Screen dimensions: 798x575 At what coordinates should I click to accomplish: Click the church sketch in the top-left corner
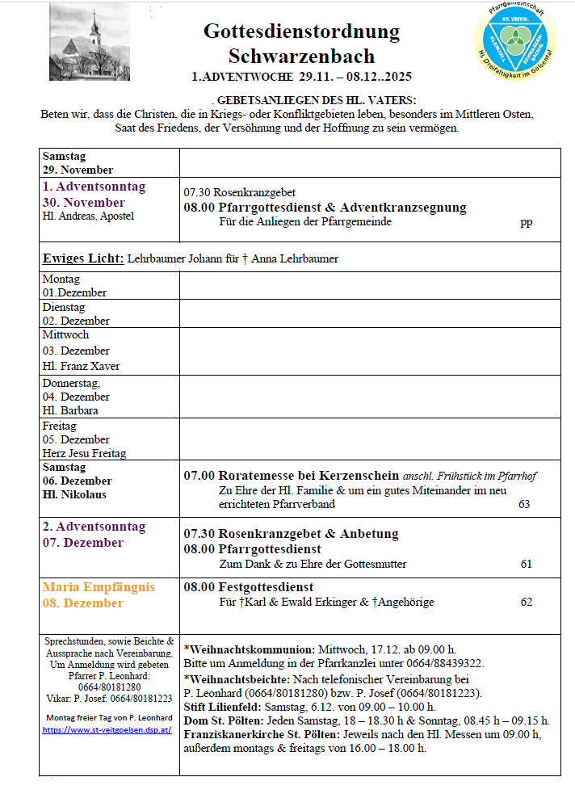tap(89, 40)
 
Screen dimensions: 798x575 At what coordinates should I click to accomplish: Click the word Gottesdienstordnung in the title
tap(301, 31)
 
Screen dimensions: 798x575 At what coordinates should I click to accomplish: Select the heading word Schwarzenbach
tap(301, 56)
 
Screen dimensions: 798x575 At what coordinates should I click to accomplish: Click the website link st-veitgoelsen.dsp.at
tap(107, 729)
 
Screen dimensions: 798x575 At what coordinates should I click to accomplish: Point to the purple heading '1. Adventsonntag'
tap(94, 187)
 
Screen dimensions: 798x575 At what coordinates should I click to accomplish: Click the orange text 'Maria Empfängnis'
tap(99, 587)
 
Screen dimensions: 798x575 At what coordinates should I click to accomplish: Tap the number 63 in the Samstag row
tap(524, 504)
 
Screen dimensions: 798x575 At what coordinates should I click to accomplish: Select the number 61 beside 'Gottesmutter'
tap(527, 564)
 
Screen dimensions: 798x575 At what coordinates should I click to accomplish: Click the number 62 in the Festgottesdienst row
tap(527, 602)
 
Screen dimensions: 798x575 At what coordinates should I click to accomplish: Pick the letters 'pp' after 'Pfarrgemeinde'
tap(527, 222)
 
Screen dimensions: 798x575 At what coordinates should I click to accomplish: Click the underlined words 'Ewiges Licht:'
tap(83, 258)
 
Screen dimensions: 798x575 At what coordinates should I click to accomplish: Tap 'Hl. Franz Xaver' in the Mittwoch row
tap(81, 366)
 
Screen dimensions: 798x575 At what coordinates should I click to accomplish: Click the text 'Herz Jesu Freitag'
tap(84, 453)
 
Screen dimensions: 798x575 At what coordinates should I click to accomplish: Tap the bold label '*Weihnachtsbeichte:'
tap(237, 679)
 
